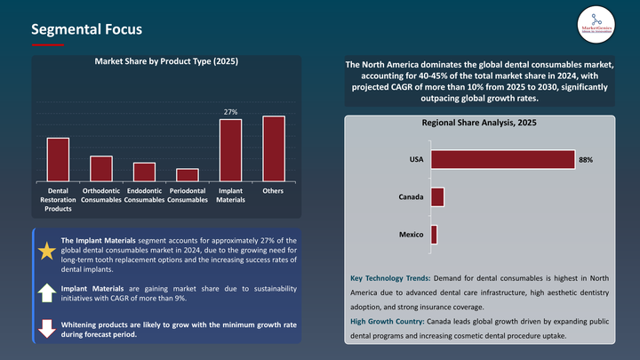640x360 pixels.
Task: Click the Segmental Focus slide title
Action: pos(85,29)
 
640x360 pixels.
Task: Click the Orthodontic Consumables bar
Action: pos(101,169)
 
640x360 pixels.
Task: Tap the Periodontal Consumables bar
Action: pos(188,175)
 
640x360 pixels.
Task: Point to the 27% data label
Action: pos(230,112)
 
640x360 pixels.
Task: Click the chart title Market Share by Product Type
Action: pos(166,61)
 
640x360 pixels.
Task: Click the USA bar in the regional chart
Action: pos(502,159)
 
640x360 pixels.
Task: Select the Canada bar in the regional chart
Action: pos(437,196)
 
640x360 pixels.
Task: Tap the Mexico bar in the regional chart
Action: pos(434,235)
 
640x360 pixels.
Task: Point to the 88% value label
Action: pos(585,160)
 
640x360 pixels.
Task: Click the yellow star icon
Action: pos(46,251)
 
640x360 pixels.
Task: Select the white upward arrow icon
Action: pos(46,293)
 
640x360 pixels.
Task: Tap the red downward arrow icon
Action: pos(46,329)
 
